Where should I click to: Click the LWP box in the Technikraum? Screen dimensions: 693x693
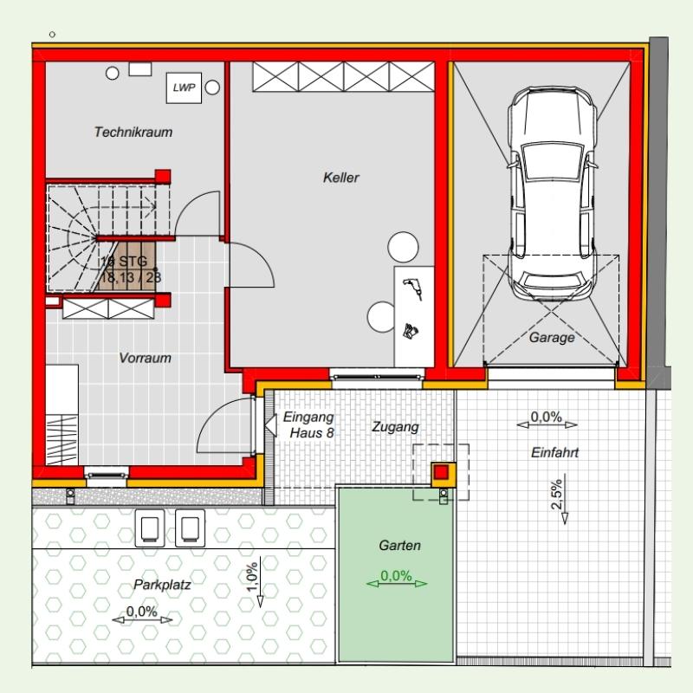(x=184, y=88)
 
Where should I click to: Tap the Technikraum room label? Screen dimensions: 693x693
(x=133, y=132)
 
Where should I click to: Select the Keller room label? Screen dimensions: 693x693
(x=340, y=178)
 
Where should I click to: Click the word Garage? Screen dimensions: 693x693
(x=552, y=338)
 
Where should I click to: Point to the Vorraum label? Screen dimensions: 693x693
(x=145, y=358)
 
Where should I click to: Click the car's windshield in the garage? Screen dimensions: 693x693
(x=552, y=161)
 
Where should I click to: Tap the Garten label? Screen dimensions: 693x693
(x=399, y=546)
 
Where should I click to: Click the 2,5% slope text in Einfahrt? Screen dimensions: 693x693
(x=557, y=494)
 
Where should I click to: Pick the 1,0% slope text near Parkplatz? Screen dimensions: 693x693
(x=252, y=577)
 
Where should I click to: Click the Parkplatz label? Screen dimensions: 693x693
(x=162, y=586)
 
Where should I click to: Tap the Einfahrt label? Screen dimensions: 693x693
(x=554, y=452)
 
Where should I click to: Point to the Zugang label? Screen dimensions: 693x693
(x=395, y=427)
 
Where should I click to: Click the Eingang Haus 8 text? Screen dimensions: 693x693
(x=309, y=424)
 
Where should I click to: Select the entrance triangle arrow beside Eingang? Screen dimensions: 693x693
(x=270, y=425)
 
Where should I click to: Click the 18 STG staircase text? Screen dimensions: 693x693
(x=124, y=262)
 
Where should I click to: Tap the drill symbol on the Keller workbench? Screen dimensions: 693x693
(x=412, y=289)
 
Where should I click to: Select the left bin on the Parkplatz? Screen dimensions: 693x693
(x=150, y=528)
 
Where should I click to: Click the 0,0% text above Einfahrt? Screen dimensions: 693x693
(x=547, y=417)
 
